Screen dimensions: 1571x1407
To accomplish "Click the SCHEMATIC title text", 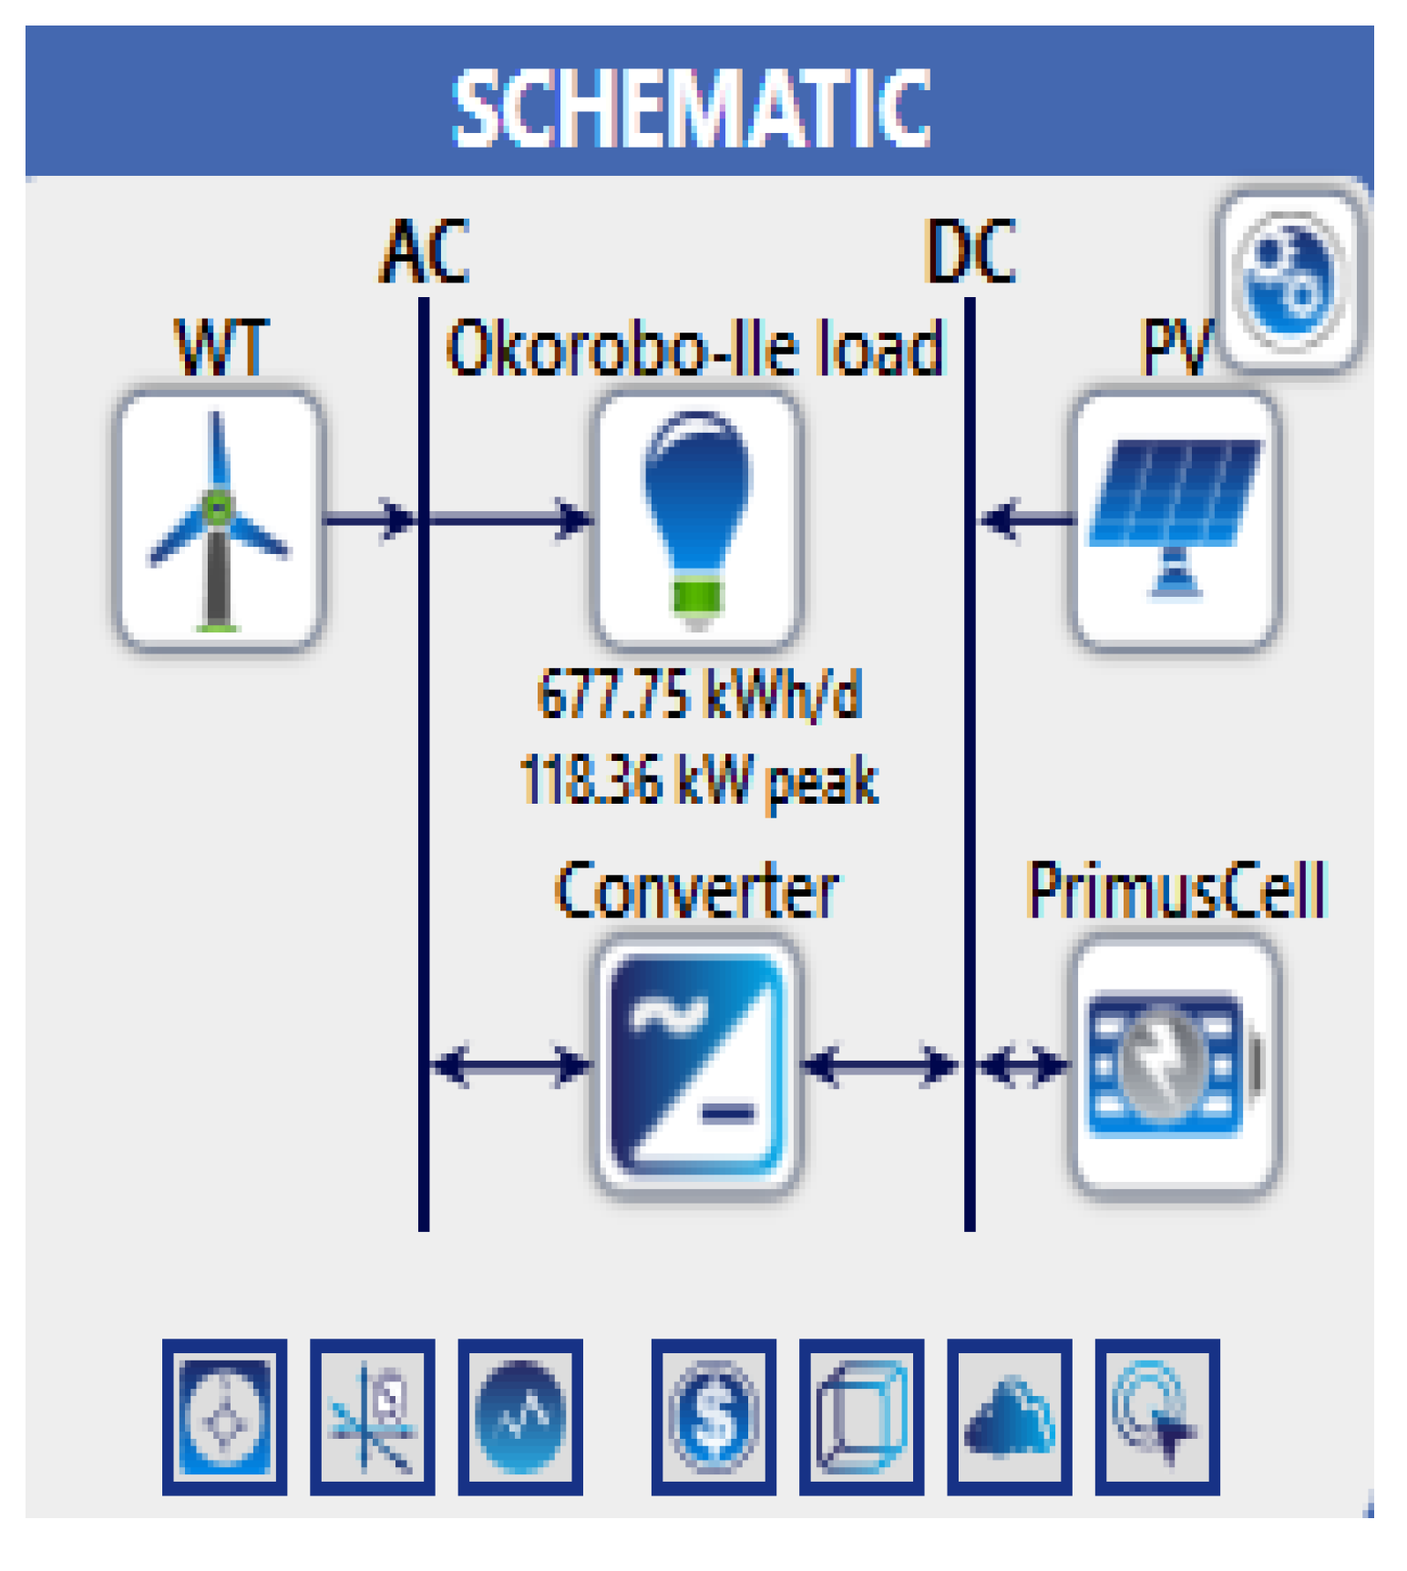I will [692, 108].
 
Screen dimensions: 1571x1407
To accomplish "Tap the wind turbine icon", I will [219, 520].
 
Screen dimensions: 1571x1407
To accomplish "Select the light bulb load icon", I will [697, 520].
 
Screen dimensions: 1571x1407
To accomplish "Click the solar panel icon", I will [1176, 520].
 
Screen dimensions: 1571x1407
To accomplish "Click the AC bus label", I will [425, 252].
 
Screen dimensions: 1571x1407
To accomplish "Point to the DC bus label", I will [971, 252].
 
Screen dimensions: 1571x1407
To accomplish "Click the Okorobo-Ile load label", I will [694, 349].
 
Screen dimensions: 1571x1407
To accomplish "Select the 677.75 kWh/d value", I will [699, 695].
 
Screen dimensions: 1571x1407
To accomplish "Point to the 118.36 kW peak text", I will [699, 781].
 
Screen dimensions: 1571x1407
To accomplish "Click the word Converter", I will [697, 891].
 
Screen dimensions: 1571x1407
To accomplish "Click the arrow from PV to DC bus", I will [1025, 520].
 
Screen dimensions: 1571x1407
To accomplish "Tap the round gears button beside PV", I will [1289, 278].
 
